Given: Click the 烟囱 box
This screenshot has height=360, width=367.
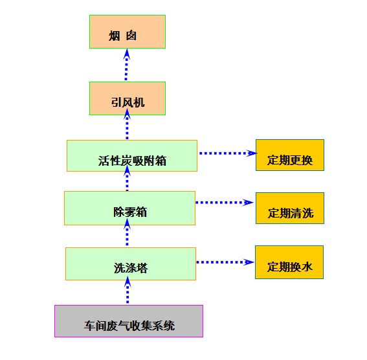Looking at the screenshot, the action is point(128,32).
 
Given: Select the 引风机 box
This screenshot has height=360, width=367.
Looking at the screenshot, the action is point(128,98).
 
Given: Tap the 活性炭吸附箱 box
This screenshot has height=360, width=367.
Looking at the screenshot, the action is point(132,155).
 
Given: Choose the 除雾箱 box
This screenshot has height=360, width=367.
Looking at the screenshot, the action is point(129,208).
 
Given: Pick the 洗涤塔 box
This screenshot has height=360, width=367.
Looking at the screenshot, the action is point(131,264).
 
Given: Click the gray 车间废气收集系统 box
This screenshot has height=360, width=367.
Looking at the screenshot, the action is point(129,321).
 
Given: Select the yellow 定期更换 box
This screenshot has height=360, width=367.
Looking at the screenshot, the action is point(290,155).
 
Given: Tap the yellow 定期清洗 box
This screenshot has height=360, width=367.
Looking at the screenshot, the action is point(290,208).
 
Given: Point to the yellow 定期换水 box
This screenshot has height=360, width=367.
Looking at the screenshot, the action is point(289,262).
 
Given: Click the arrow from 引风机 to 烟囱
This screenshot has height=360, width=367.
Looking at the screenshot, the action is point(126,65).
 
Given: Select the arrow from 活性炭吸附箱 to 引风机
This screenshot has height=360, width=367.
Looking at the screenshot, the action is point(127,124).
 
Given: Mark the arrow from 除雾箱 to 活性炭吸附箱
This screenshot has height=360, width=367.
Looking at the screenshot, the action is point(127,178).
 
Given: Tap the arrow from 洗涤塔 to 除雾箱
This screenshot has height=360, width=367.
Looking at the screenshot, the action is point(127,232).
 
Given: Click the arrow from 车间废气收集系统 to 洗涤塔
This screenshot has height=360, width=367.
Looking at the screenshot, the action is point(128,290).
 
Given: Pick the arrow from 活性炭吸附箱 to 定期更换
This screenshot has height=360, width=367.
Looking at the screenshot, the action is point(228,153).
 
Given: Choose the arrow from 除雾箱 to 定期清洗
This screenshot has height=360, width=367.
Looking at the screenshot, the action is point(225,203).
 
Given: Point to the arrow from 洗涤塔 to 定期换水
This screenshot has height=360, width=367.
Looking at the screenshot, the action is point(225,262).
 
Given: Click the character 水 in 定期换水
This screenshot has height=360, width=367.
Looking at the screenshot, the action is point(307,267).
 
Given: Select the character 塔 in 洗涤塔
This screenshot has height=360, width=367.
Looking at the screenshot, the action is point(142,268).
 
